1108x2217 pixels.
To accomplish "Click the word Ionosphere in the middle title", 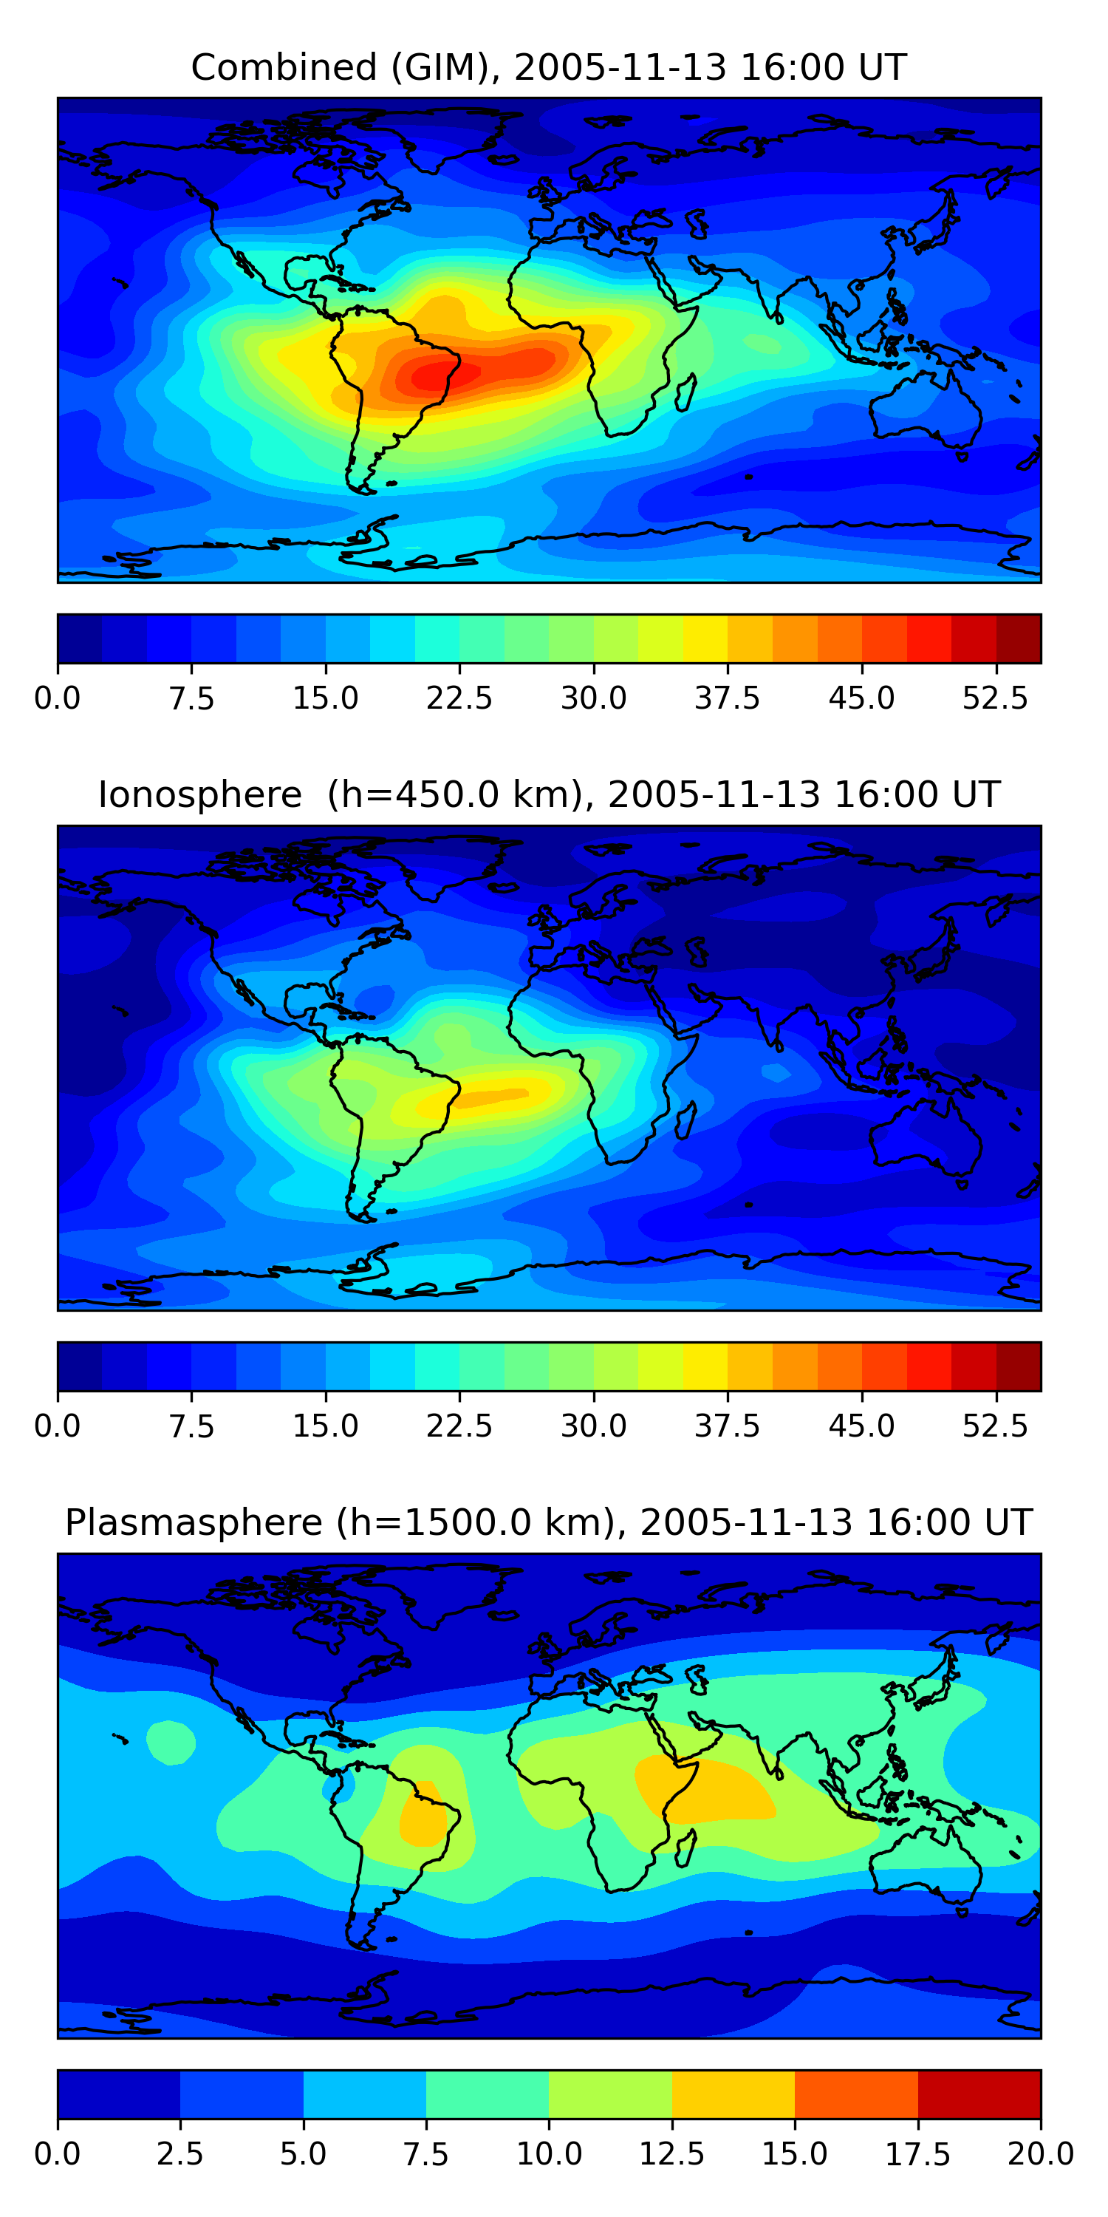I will [199, 794].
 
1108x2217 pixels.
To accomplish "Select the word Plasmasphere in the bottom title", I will [194, 1522].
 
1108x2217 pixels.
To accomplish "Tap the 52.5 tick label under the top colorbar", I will [995, 698].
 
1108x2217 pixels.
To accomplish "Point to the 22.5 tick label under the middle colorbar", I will [459, 1426].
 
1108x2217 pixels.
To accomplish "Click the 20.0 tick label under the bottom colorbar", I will [1040, 2154].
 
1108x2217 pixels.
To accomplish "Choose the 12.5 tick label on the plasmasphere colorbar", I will [672, 2154].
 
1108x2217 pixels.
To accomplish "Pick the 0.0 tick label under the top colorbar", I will [58, 698].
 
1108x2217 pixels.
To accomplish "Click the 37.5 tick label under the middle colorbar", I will [728, 1426].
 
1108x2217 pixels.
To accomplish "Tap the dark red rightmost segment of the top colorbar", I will [1019, 638].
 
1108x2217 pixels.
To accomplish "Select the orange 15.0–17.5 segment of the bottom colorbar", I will [856, 2094].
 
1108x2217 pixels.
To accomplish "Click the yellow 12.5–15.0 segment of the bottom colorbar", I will [733, 2094].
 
